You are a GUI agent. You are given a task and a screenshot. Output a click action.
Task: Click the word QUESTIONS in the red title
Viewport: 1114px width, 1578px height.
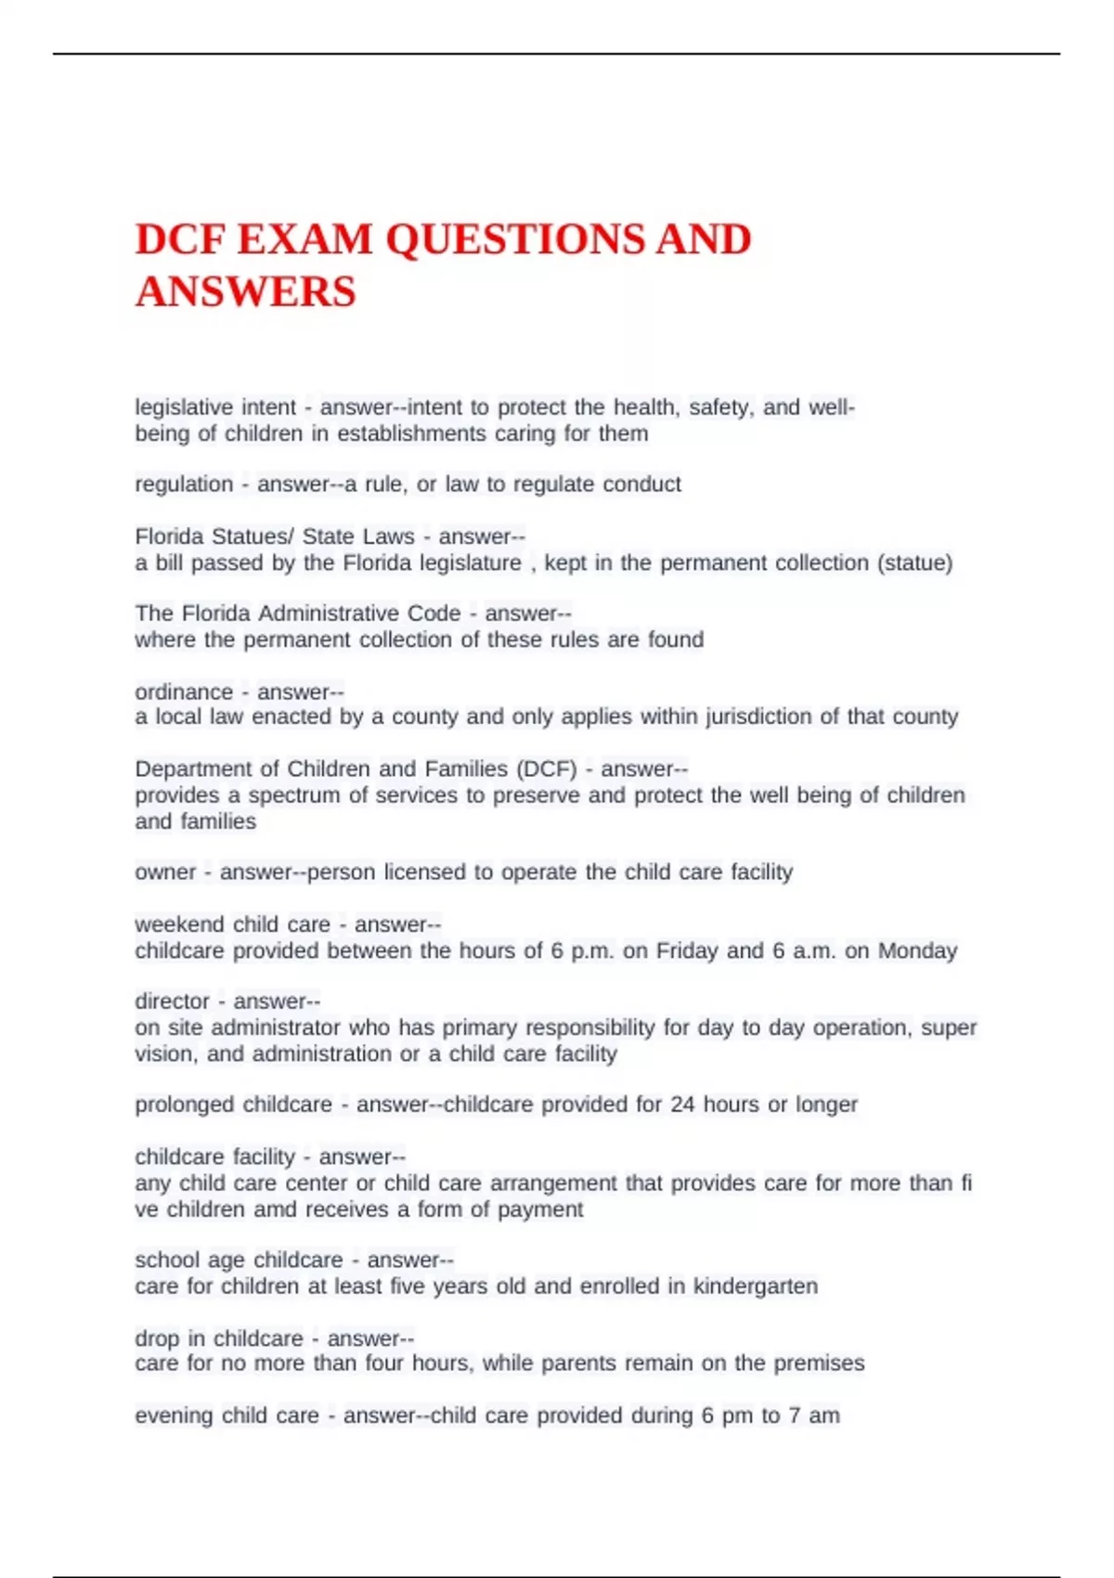click(x=515, y=239)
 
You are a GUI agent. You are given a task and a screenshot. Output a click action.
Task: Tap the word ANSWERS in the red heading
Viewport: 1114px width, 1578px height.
click(x=246, y=291)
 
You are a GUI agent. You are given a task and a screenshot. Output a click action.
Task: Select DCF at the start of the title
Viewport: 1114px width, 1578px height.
click(x=180, y=239)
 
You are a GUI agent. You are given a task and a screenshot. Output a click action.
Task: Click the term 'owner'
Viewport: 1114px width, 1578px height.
click(x=165, y=873)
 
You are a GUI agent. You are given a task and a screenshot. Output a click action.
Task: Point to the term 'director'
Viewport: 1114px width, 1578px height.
click(x=173, y=1002)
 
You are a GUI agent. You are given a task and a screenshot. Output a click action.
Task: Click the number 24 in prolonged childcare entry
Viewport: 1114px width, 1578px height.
click(x=682, y=1105)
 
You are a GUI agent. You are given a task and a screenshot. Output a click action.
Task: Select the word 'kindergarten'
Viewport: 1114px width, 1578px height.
click(x=756, y=1287)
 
